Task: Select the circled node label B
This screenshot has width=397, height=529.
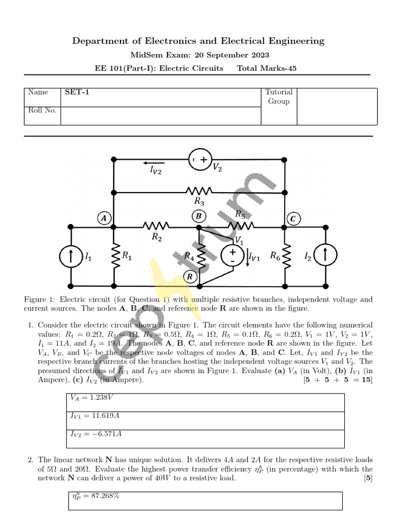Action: click(198, 215)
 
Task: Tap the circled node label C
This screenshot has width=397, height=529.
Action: click(293, 219)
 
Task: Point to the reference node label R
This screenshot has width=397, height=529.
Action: click(190, 277)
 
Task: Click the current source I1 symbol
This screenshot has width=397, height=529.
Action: click(71, 256)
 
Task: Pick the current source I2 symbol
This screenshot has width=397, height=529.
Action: click(325, 256)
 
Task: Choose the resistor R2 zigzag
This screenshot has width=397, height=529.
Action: click(156, 226)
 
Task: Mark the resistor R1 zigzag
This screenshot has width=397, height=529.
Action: click(114, 256)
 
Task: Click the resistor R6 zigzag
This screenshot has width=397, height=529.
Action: click(285, 256)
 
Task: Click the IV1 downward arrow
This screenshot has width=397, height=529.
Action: click(247, 257)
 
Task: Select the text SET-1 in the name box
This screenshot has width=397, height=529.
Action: click(74, 92)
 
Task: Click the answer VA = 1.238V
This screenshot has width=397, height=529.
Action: click(92, 398)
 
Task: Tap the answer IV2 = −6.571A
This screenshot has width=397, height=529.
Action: click(96, 434)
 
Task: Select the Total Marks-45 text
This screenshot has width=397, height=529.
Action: click(266, 68)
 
